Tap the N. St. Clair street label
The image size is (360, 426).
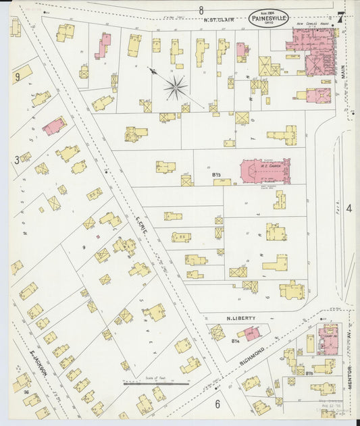coord(218,20)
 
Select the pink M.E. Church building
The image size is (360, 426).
coord(265,171)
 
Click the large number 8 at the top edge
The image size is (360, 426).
coord(201,9)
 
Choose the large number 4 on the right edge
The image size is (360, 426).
coord(349,209)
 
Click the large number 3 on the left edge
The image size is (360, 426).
coord(16,160)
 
